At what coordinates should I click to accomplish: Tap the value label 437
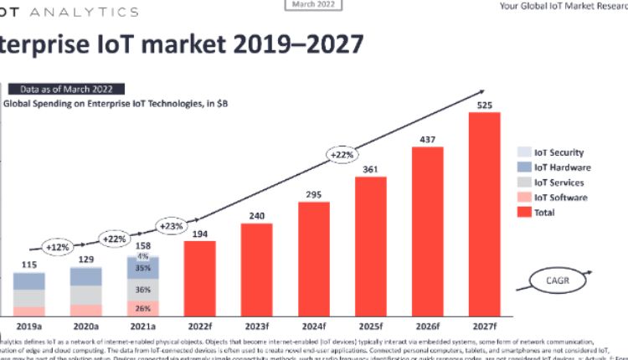pos(427,138)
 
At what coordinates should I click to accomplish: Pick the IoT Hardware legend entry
pos(553,167)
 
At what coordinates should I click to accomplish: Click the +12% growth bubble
pos(57,247)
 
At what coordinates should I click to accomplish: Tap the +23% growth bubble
pos(172,226)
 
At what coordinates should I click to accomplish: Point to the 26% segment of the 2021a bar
pos(142,308)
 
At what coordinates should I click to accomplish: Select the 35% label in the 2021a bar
pos(142,269)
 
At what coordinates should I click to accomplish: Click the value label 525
pos(484,105)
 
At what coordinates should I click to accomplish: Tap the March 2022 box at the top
pos(314,5)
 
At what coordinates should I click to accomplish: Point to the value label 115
pos(28,265)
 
